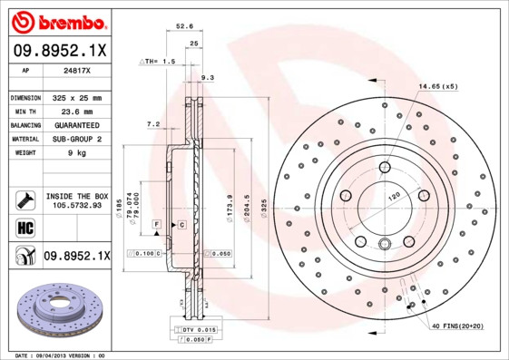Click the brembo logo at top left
[x=58, y=20]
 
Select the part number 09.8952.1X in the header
[x=58, y=53]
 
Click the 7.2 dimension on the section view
[x=152, y=123]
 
